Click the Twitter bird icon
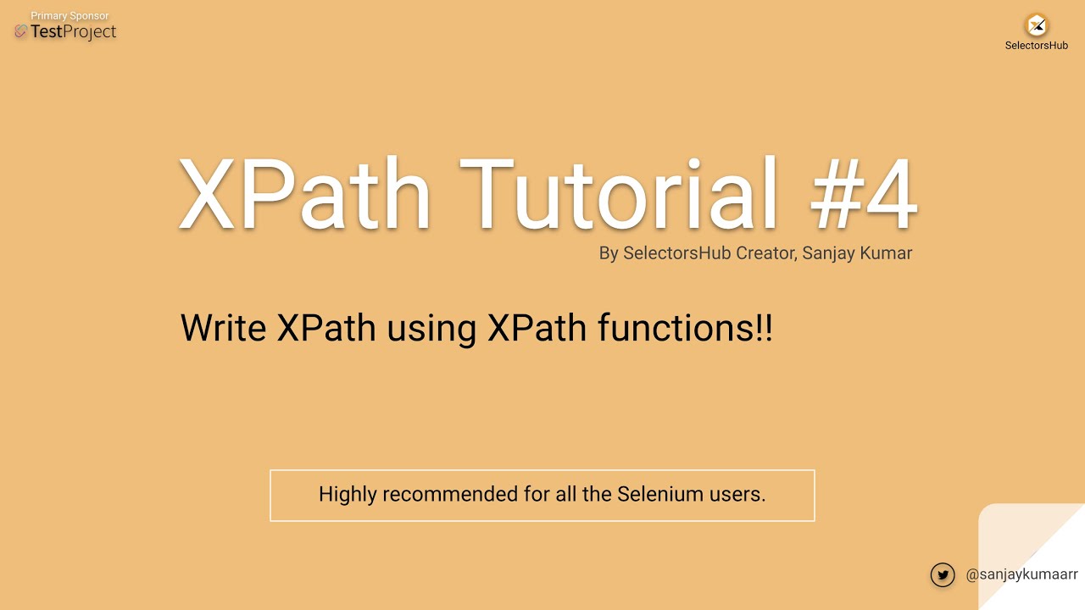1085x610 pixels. (x=943, y=574)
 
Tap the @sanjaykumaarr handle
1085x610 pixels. (x=1021, y=574)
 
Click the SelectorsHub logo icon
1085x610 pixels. (x=1036, y=25)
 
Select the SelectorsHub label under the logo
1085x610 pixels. (x=1036, y=46)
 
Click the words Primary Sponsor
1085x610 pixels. (x=70, y=16)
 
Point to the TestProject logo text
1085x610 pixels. (x=73, y=32)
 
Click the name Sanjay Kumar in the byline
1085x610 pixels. (x=857, y=253)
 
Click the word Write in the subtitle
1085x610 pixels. (x=224, y=328)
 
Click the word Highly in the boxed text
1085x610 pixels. (x=347, y=494)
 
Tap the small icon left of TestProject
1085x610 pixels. (x=21, y=32)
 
